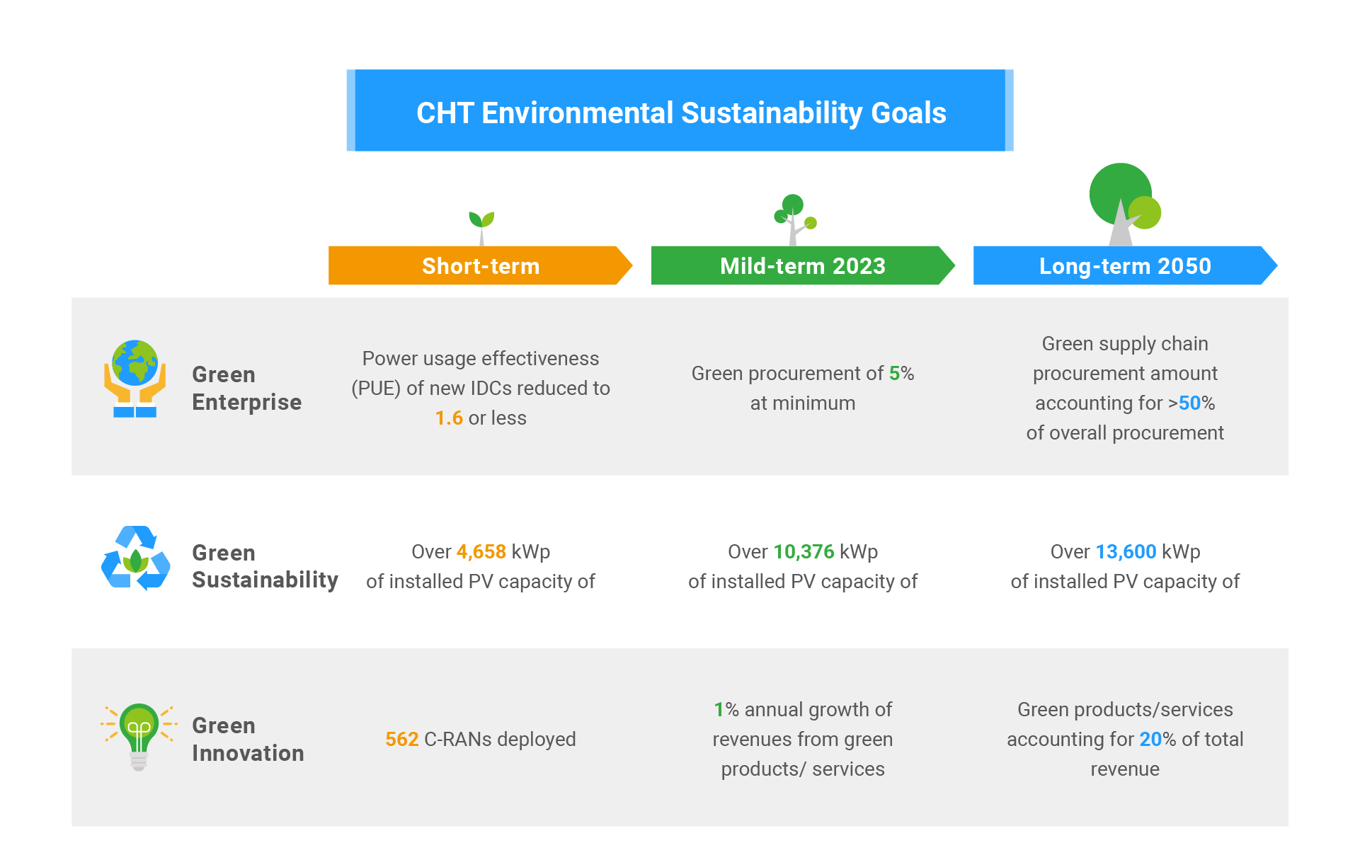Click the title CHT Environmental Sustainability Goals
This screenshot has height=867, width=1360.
(681, 113)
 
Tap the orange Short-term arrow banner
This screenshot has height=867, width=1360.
(480, 265)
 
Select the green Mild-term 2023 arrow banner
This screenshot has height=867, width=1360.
(803, 265)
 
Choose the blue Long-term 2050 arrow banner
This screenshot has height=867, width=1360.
(1125, 265)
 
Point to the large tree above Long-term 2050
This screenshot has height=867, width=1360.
(1125, 204)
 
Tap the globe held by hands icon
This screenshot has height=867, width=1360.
(135, 379)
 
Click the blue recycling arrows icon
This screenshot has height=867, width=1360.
(136, 558)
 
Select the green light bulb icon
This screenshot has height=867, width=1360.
(139, 737)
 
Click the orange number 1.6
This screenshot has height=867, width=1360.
(449, 418)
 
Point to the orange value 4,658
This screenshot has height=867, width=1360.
(481, 551)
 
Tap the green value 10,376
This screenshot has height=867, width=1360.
(804, 551)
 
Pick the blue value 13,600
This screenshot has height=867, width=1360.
(1126, 551)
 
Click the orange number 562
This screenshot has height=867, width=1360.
(401, 739)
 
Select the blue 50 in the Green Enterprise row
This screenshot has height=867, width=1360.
(1189, 403)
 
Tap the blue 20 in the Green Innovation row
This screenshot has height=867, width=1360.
(1150, 739)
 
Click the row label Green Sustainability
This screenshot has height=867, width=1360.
(265, 566)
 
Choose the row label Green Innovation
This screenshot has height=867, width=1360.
(248, 739)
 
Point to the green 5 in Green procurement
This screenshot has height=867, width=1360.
(894, 373)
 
